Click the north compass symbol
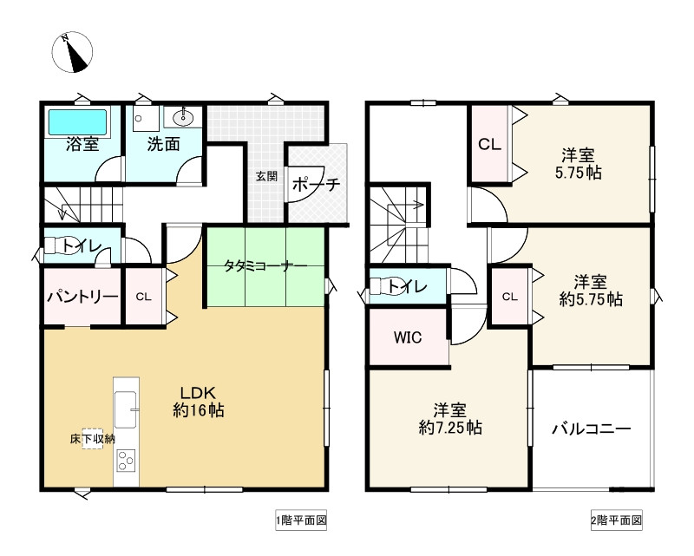[x=73, y=53]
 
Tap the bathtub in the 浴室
[x=76, y=121]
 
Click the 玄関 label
[x=266, y=176]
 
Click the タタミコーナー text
[x=265, y=265]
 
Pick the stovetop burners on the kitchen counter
[x=126, y=459]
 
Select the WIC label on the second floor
[x=407, y=337]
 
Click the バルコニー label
[x=591, y=428]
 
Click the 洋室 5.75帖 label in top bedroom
[x=577, y=164]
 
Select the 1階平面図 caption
[x=300, y=520]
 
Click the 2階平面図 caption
[x=616, y=520]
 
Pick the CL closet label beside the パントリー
[x=143, y=297]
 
